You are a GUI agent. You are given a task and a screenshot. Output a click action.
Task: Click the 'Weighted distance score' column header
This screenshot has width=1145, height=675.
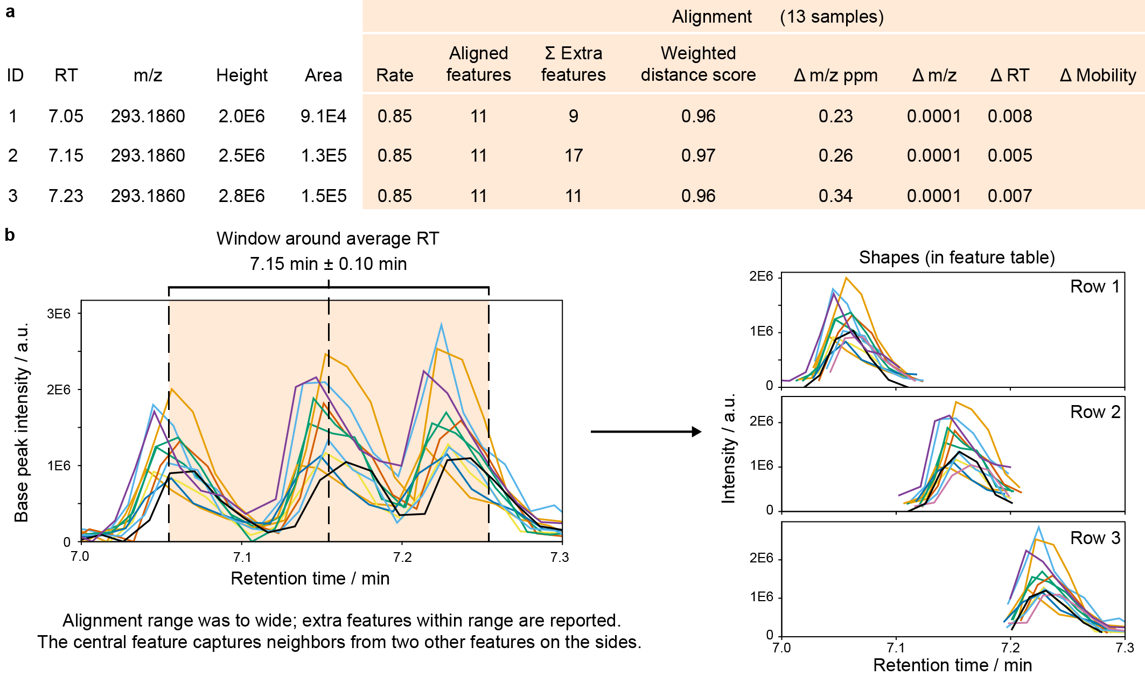click(698, 64)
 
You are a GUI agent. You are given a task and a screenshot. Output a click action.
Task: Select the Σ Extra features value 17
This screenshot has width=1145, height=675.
click(574, 156)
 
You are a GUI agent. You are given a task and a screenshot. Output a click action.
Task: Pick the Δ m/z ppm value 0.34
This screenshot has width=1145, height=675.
click(835, 196)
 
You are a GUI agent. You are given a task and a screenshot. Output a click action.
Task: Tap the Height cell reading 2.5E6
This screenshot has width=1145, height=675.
click(241, 156)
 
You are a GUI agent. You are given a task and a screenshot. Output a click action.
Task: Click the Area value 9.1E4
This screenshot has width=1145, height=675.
click(323, 116)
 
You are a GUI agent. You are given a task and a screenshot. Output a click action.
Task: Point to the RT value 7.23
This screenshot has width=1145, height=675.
click(66, 196)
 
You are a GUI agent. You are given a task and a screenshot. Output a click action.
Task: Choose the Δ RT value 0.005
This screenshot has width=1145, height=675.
click(1010, 156)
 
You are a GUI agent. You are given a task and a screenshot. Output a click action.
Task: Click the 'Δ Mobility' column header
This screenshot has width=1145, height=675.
click(1098, 75)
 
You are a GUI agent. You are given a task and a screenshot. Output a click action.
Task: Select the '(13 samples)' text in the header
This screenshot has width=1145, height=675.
click(832, 17)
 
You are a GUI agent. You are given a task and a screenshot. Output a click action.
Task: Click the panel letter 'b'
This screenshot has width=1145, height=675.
click(10, 235)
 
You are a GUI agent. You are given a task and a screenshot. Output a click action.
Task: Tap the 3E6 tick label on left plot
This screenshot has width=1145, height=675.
click(59, 314)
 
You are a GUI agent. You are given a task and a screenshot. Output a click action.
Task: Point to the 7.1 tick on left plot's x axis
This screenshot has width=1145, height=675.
click(242, 557)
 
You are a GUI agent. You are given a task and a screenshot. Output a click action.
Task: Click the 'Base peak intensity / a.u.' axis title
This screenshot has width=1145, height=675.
click(22, 422)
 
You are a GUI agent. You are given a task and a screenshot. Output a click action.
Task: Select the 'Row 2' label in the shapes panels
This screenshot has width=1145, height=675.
click(1095, 412)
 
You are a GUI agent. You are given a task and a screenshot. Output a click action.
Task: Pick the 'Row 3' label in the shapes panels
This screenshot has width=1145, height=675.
click(1095, 538)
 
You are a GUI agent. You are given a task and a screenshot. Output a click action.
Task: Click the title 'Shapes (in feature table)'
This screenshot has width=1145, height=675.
click(957, 258)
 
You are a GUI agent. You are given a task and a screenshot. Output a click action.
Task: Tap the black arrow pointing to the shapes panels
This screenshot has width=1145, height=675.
click(646, 432)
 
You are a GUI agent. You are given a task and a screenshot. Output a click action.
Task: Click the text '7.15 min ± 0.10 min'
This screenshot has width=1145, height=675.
click(328, 264)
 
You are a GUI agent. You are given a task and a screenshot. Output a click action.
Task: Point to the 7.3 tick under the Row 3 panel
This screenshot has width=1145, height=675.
click(1125, 648)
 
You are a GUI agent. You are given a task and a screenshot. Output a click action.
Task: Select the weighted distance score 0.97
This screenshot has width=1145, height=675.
click(698, 156)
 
